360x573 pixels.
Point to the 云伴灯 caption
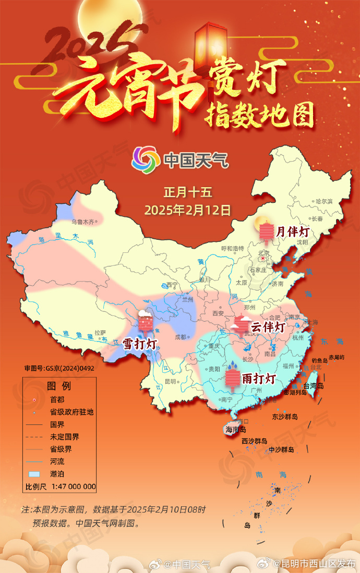268,327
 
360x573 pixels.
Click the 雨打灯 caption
258,378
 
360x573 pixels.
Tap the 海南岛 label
235,430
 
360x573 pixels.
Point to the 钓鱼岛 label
319,360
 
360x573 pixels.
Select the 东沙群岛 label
285,417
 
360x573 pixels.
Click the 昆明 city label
170,381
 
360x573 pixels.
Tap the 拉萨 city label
100,332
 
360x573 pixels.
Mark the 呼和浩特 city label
233,248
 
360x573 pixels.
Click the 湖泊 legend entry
57,474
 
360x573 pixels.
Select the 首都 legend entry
57,399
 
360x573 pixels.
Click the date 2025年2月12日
187,210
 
